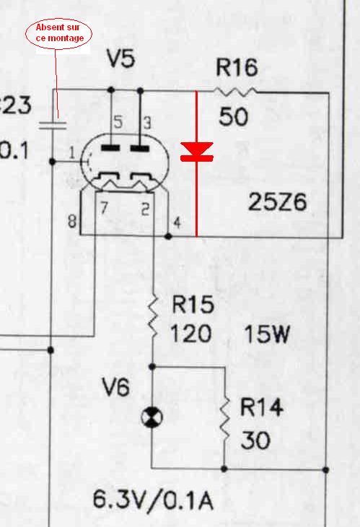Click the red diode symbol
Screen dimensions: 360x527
197,152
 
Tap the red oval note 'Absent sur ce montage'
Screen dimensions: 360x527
58,33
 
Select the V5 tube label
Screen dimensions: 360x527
121,58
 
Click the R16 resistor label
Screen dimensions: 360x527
237,67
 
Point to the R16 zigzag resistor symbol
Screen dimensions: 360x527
235,91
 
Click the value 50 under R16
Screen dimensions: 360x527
234,117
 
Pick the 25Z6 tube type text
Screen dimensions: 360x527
277,202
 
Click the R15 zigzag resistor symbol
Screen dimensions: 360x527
153,316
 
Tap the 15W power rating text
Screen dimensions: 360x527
267,334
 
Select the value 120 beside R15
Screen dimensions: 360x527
191,334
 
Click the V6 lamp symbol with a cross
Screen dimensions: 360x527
152,417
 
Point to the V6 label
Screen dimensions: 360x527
116,387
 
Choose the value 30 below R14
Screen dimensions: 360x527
255,440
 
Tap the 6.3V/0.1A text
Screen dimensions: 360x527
153,500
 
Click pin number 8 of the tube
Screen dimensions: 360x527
72,221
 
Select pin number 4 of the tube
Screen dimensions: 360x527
177,222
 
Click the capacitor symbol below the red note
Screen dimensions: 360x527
53,126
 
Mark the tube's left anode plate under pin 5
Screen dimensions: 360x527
111,148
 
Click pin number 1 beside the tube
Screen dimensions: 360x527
72,154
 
